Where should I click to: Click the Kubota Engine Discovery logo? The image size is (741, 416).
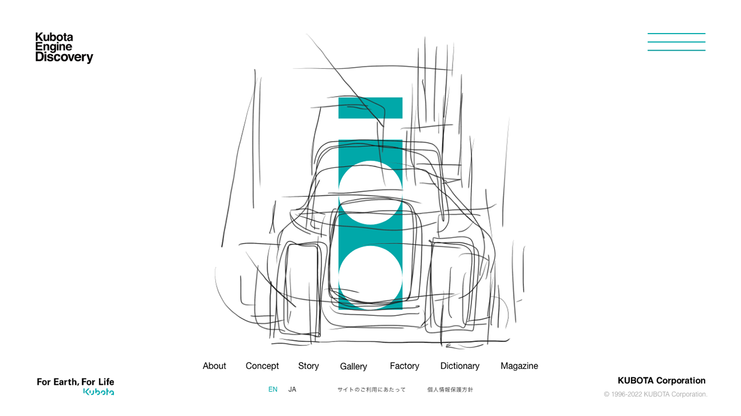click(x=64, y=48)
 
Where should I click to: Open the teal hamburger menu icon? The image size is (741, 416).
click(x=676, y=42)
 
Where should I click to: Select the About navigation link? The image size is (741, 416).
click(x=214, y=366)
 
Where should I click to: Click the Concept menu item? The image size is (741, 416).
click(x=262, y=366)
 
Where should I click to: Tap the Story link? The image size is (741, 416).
click(x=308, y=366)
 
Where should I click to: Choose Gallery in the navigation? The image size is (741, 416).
click(x=353, y=366)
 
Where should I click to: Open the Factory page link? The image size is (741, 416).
click(x=404, y=366)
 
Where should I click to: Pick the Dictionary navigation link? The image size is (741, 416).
click(x=460, y=366)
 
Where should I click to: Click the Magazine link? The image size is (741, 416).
click(x=519, y=366)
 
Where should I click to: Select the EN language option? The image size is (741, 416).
click(x=273, y=389)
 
